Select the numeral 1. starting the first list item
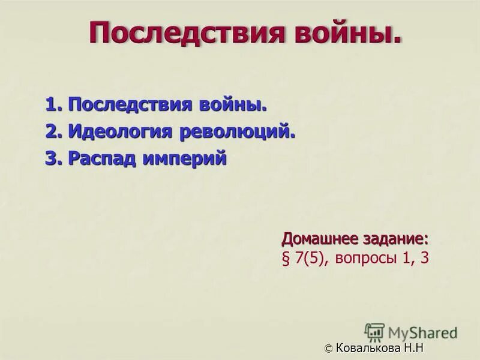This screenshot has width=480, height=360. pos(54,105)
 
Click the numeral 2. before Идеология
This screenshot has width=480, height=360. pos(54,131)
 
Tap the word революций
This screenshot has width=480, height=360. pos(238,132)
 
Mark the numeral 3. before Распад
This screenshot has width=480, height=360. pos(54,158)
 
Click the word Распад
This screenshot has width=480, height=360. pos(102,159)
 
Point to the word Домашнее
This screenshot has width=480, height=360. pos(320,238)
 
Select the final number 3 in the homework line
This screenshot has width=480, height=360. pos(424,259)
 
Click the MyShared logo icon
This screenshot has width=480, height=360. pos(374,332)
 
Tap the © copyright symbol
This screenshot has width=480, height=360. pos(328,349)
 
